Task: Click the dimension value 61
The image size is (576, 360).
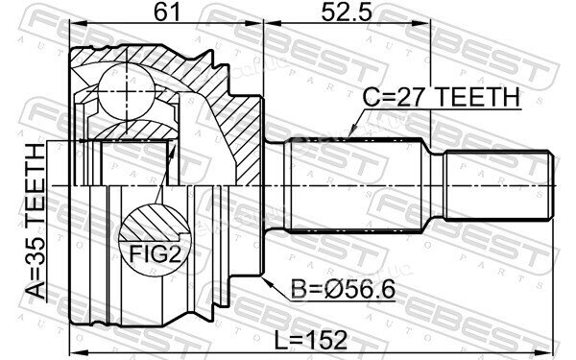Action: point(167,12)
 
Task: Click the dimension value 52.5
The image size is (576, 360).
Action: point(347,12)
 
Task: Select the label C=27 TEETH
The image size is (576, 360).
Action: point(442,97)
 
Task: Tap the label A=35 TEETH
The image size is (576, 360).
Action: point(36,222)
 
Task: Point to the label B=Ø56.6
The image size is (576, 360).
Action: point(343,289)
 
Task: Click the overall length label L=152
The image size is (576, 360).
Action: point(311,340)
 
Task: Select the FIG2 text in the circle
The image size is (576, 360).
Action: point(155,253)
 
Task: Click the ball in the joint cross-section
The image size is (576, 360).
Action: point(127,91)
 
